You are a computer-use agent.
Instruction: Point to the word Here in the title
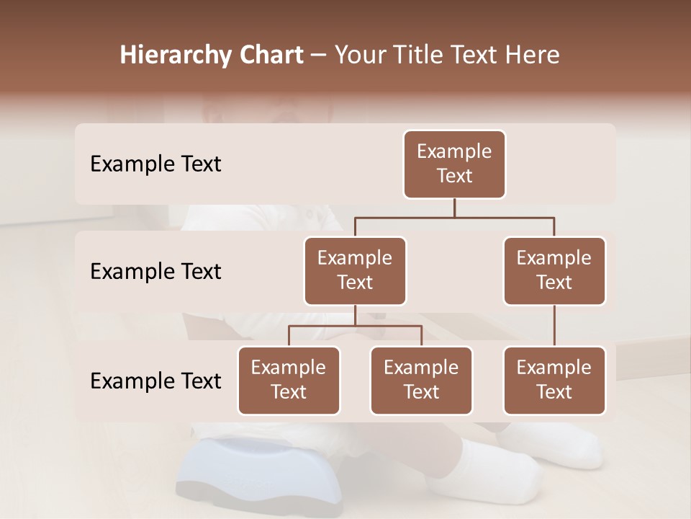pos(532,56)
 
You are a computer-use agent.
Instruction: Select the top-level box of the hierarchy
pos(454,164)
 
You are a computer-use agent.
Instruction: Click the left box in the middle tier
pos(355,271)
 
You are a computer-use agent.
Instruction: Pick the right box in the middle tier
pos(554,271)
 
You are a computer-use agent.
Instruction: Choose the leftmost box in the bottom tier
pos(289,381)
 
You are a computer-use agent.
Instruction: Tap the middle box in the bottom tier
pos(421,381)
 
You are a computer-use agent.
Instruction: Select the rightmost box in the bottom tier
pos(554,381)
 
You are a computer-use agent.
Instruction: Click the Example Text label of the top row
pos(155,164)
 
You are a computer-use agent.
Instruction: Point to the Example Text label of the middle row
pos(155,272)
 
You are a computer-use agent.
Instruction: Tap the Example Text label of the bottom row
pos(155,381)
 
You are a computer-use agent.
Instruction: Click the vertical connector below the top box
pos(454,208)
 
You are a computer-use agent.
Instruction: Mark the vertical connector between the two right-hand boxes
pos(554,326)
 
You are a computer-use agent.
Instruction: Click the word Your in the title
pos(359,56)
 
